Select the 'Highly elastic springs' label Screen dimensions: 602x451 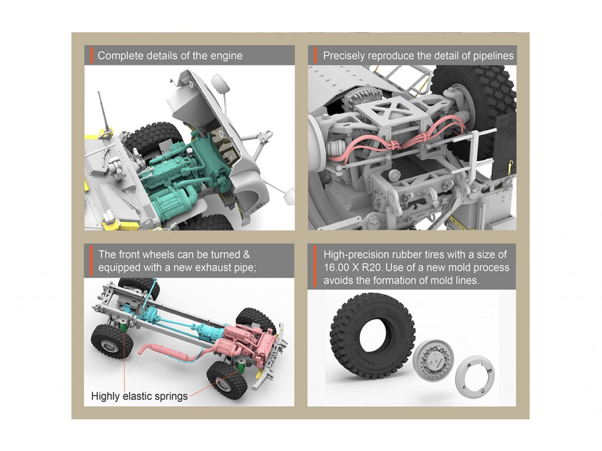tap(139, 396)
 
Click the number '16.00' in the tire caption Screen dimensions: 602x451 tap(337, 268)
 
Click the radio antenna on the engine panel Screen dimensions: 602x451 tap(104, 114)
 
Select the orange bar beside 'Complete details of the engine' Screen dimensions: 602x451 tap(92, 55)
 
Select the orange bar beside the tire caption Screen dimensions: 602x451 tap(315, 267)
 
